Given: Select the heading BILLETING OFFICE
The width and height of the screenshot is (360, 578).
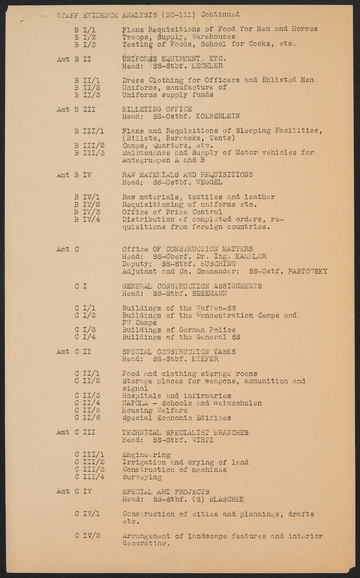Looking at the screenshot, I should (x=157, y=109).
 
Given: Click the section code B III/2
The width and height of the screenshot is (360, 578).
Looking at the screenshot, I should (x=89, y=146).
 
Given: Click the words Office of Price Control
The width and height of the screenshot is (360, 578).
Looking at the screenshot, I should (x=172, y=212).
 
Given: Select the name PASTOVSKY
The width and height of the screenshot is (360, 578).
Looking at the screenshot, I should (x=308, y=271).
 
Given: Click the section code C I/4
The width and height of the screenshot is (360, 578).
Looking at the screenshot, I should (x=85, y=337).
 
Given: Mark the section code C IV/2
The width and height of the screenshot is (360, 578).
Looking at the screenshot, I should (x=87, y=536).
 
